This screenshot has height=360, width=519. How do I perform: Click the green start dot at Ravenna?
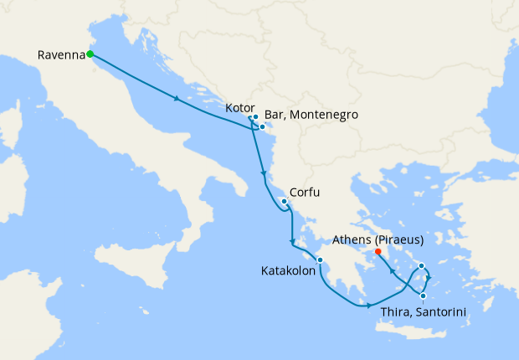90,55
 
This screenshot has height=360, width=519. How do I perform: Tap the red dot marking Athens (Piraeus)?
378,251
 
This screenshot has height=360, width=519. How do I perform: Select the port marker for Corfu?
285,202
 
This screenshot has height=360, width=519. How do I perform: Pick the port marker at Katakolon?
320,260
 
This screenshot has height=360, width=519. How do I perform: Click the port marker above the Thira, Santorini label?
424,296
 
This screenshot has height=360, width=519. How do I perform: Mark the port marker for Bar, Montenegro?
262,127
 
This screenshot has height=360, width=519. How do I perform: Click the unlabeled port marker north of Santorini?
422,266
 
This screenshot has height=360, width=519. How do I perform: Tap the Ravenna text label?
61,56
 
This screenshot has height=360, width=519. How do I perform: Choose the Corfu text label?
305,193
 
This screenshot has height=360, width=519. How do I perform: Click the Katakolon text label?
288,271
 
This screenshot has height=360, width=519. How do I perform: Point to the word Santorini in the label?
436,312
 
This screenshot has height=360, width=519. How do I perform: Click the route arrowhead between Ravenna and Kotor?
177,99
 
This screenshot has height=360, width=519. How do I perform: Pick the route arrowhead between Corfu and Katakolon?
292,243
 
